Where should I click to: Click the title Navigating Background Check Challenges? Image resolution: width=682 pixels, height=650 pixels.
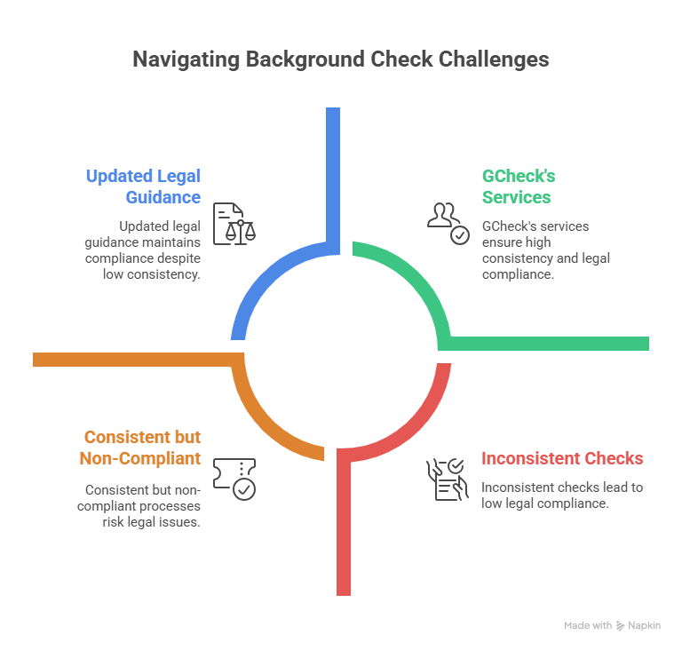[341, 59]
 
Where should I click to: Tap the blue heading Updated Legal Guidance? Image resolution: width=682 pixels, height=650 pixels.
[143, 186]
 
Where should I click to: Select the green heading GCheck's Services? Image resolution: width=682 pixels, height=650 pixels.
[519, 186]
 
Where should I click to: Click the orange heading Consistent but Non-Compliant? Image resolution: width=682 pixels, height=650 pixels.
[140, 448]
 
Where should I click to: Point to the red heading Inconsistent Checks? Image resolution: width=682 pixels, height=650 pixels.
[562, 458]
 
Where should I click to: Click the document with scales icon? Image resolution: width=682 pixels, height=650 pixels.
[234, 224]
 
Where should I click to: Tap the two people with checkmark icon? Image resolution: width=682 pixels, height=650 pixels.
[448, 224]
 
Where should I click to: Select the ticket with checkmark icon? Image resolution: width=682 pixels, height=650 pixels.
[234, 479]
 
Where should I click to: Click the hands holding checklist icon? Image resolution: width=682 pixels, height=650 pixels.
[448, 480]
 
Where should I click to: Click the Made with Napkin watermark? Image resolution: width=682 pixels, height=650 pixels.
[612, 626]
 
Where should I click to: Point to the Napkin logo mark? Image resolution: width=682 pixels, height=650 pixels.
[620, 626]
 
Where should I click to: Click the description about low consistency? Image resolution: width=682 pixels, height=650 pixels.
[143, 250]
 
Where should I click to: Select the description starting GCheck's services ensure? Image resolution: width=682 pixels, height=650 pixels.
[546, 250]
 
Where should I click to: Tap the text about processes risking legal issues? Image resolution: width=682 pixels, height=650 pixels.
[139, 506]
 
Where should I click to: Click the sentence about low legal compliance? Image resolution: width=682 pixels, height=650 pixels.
[562, 495]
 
